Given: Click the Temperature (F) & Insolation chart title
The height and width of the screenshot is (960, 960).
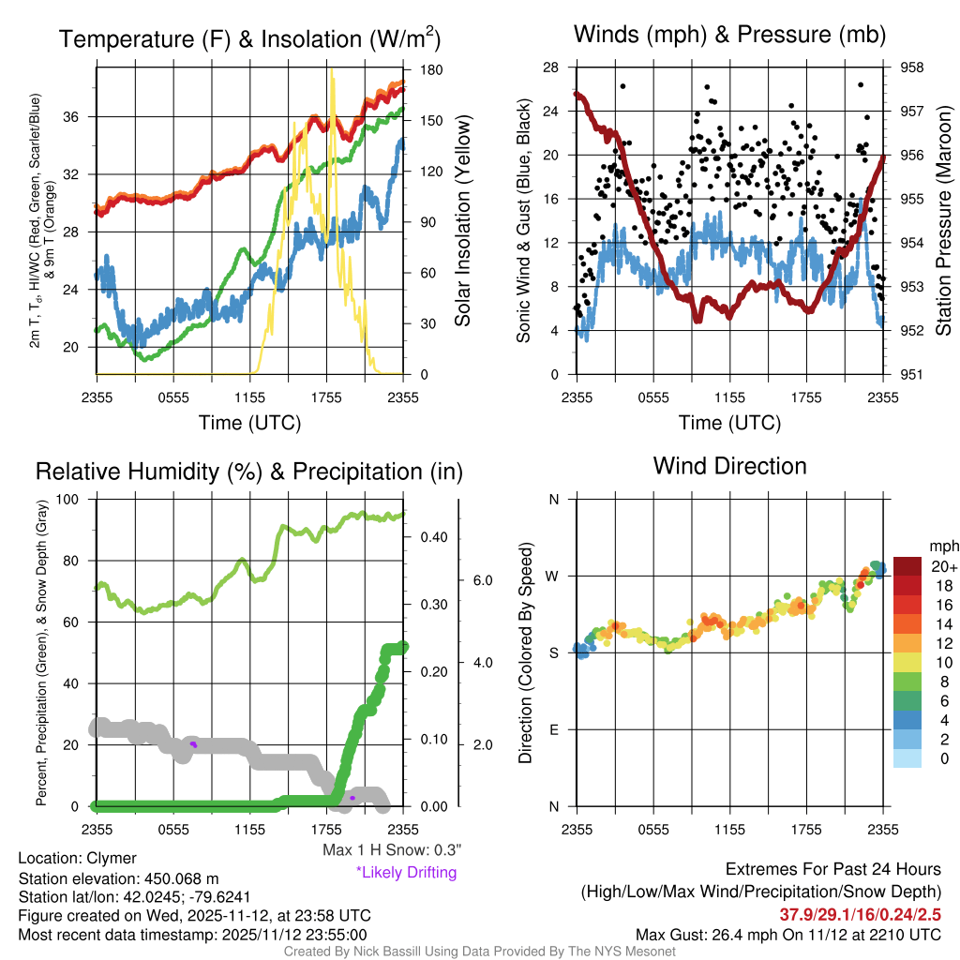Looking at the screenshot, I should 249,39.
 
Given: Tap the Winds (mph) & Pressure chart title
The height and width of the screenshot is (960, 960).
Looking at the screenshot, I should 729,36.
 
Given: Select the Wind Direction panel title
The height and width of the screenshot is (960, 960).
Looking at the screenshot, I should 729,466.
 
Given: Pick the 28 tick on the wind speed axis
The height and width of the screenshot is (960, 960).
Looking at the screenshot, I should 551,67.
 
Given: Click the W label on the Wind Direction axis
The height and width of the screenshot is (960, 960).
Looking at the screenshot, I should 553,576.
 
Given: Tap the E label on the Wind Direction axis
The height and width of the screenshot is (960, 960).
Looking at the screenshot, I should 553,729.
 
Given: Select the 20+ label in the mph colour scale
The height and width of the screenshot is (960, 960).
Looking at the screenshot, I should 943,566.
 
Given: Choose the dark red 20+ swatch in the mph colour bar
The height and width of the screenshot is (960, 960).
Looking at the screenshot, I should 907,566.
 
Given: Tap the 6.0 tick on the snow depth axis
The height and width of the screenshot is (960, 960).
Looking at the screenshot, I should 482,580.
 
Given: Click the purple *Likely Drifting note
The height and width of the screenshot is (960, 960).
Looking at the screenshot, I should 406,873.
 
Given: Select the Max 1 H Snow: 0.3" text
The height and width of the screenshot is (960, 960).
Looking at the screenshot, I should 392,850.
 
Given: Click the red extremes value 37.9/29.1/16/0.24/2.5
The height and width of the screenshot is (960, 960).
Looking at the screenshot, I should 860,914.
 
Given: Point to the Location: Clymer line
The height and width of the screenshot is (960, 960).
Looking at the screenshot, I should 77,859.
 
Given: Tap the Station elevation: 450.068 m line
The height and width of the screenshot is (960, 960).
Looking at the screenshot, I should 118,878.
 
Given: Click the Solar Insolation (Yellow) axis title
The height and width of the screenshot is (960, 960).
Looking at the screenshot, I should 462,219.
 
